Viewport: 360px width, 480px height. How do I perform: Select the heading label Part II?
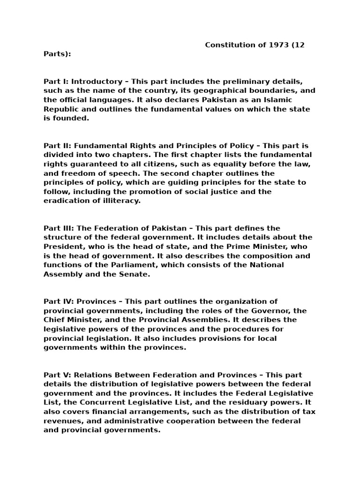tap(58, 146)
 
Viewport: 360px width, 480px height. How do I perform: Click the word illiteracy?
tap(120, 201)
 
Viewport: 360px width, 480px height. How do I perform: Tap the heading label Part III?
tap(59, 228)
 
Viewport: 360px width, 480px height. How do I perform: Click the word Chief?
tap(54, 320)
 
